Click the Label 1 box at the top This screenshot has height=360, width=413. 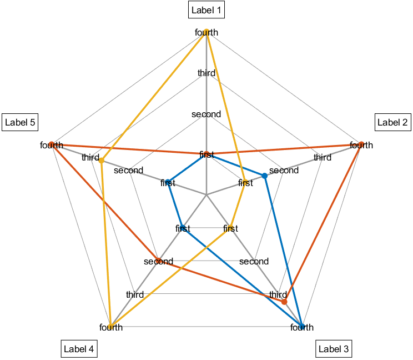(x=206, y=10)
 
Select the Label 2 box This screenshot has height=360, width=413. (x=393, y=123)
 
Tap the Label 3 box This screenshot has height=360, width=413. (x=334, y=349)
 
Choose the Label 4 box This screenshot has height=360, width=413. (x=79, y=349)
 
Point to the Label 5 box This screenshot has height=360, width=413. (x=20, y=123)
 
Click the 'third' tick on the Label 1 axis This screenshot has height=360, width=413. (x=206, y=73)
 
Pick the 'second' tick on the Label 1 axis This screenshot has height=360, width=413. (x=206, y=114)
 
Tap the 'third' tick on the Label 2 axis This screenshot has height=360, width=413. (x=323, y=158)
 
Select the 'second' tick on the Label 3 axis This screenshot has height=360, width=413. (x=254, y=261)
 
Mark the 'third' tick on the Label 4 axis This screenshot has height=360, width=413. (x=135, y=294)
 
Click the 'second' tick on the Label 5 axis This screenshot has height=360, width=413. (x=129, y=170)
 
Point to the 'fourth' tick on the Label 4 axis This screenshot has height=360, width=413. (x=111, y=327)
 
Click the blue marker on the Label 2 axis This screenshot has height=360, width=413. (x=265, y=176)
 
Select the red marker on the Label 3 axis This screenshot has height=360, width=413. (x=284, y=302)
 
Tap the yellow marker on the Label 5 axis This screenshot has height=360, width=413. (x=102, y=161)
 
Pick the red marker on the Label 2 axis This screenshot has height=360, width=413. (x=361, y=145)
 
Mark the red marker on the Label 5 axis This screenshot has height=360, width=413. (x=51, y=144)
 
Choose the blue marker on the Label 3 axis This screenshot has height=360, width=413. (x=302, y=327)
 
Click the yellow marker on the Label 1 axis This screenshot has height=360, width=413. (x=206, y=32)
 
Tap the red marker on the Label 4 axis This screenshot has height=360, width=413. (x=158, y=261)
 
